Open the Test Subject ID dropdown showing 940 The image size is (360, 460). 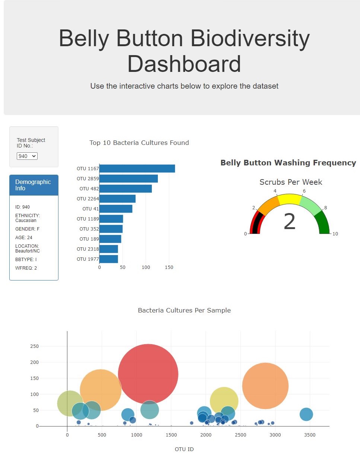point(27,156)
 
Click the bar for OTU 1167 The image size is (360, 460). point(137,169)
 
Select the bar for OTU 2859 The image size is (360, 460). point(128,179)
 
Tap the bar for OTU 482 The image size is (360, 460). point(125,189)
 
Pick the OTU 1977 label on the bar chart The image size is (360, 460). point(88,259)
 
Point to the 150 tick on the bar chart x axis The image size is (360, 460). point(169,267)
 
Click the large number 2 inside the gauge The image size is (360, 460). point(289,222)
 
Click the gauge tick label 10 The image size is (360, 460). point(335,234)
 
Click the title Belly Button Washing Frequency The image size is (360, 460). point(288,163)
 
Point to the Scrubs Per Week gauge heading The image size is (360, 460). point(291,182)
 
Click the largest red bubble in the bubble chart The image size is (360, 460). point(148,374)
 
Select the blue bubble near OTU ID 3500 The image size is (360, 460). point(306,414)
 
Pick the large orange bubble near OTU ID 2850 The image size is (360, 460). point(265,386)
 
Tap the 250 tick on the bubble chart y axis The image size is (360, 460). point(34,346)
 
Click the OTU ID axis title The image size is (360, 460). point(184,449)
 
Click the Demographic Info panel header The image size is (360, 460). point(34,185)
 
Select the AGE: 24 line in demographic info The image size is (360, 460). point(24,238)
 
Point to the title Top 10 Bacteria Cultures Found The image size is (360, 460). point(139,143)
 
